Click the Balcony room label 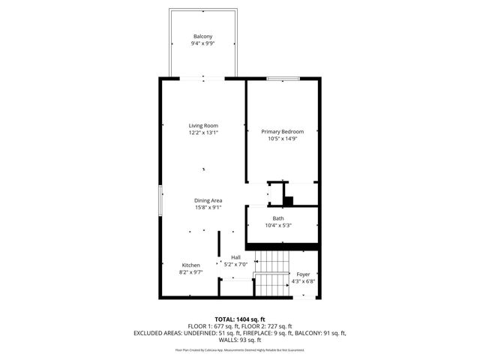click(202, 37)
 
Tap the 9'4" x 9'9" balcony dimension click(202, 43)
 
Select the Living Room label click(202, 125)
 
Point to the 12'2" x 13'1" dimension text click(202, 133)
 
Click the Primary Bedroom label click(282, 131)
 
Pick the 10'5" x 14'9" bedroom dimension click(282, 139)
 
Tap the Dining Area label click(208, 200)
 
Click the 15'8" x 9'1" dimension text click(208, 208)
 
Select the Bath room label click(278, 218)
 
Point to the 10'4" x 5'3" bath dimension click(278, 226)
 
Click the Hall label click(235, 257)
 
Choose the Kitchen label click(190, 265)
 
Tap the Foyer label click(303, 274)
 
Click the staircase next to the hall click(273, 274)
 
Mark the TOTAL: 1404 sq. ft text click(240, 319)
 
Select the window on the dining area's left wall click(159, 201)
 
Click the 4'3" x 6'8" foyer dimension click(303, 282)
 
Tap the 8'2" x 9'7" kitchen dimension click(190, 273)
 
